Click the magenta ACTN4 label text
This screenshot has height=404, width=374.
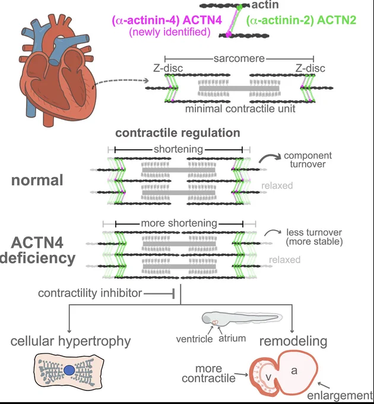pos(167,20)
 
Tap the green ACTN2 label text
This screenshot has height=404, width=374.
pos(301,20)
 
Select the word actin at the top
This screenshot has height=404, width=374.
pos(265,5)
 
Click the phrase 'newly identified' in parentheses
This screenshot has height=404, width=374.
pos(170,32)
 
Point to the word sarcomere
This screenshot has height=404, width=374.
pos(239,58)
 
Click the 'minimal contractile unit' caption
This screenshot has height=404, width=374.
pos(240,109)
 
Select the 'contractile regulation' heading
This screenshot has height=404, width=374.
pos(178,133)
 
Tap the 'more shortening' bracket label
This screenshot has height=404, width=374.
pos(179,223)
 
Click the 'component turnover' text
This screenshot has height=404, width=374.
pos(308,160)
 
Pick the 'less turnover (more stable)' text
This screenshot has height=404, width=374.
pos(314,237)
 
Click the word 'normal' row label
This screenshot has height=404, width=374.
pos(37,180)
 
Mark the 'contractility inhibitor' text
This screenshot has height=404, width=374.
pos(90,293)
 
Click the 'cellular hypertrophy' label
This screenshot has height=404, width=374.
pos(71,342)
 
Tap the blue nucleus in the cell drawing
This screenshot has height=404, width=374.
pos(69,370)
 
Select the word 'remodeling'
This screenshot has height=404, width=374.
pos(293,341)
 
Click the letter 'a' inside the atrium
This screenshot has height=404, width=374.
pos(294,371)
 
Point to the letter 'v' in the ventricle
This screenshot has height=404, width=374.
pos(268,377)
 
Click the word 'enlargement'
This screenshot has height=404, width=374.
pos(340,396)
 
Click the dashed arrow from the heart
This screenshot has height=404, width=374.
pos(120,81)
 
